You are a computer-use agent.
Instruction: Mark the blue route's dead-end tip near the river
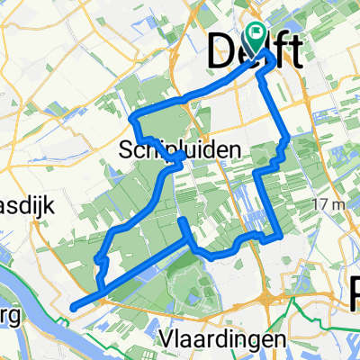(71, 306)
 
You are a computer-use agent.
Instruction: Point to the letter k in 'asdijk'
(51, 205)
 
